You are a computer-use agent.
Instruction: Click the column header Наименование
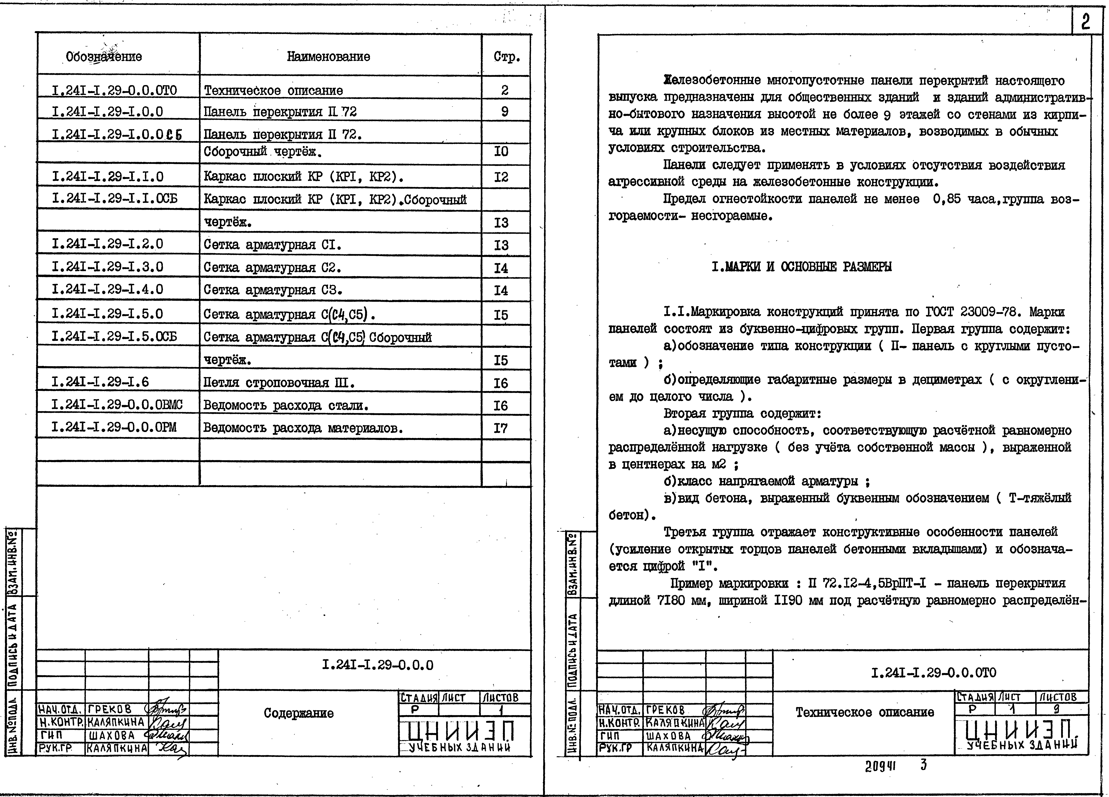[x=328, y=57]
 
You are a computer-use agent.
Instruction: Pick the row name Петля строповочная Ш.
[x=279, y=382]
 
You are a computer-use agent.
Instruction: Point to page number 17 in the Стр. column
[x=501, y=428]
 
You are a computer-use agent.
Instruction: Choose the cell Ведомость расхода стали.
[x=286, y=405]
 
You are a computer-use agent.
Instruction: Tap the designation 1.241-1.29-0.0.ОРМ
[x=114, y=428]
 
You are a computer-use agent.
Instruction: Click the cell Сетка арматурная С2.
[x=272, y=267]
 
